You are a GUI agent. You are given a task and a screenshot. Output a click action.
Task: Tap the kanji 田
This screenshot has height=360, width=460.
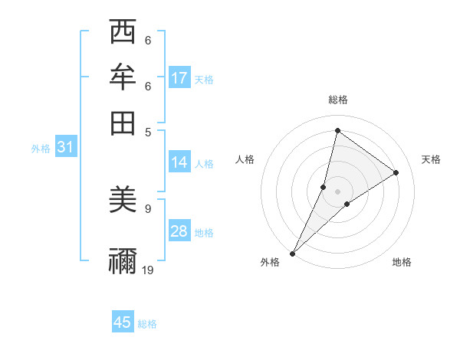123,119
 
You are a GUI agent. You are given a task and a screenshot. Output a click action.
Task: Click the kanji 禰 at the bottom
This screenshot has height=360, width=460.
123,260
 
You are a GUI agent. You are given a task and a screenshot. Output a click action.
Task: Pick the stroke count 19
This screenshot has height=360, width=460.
148,269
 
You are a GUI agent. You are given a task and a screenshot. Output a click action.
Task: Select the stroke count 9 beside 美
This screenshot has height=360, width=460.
147,208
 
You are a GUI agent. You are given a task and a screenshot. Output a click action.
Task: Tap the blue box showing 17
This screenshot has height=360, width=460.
179,78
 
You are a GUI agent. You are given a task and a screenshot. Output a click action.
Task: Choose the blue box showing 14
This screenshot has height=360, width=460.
179,162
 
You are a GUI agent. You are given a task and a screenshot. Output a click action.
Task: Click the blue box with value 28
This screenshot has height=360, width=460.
179,231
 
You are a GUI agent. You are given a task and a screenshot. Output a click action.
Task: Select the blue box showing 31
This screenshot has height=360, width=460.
65,148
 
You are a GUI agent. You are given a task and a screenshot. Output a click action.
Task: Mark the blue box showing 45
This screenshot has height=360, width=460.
123,322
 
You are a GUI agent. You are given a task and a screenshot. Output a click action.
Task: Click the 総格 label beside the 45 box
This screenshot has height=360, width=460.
147,324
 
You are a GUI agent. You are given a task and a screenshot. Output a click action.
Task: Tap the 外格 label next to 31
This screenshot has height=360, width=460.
41,149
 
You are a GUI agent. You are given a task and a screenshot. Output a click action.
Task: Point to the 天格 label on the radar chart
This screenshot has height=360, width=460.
431,159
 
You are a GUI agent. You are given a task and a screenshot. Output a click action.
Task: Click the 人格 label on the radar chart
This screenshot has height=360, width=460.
245,159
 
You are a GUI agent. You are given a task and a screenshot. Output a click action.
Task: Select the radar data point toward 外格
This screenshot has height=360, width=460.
293,253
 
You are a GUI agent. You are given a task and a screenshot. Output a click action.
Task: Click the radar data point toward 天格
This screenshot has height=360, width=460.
396,172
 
